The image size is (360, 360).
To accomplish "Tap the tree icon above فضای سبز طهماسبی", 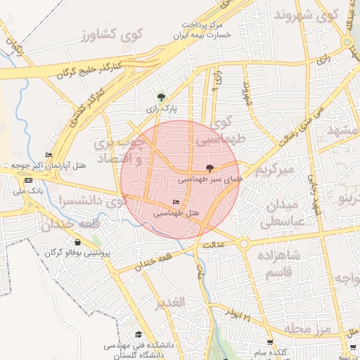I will pos(209,168).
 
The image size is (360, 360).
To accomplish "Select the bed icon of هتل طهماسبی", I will pos(175,202).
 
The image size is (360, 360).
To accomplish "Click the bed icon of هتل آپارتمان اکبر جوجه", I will pos(48,155).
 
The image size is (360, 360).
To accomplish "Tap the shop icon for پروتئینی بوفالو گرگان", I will pos(77,243).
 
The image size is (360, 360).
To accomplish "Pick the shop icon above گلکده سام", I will pos(269,342).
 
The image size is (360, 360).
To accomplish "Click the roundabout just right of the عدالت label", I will pos(243,243).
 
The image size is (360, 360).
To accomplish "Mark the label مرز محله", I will pos(314,329).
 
